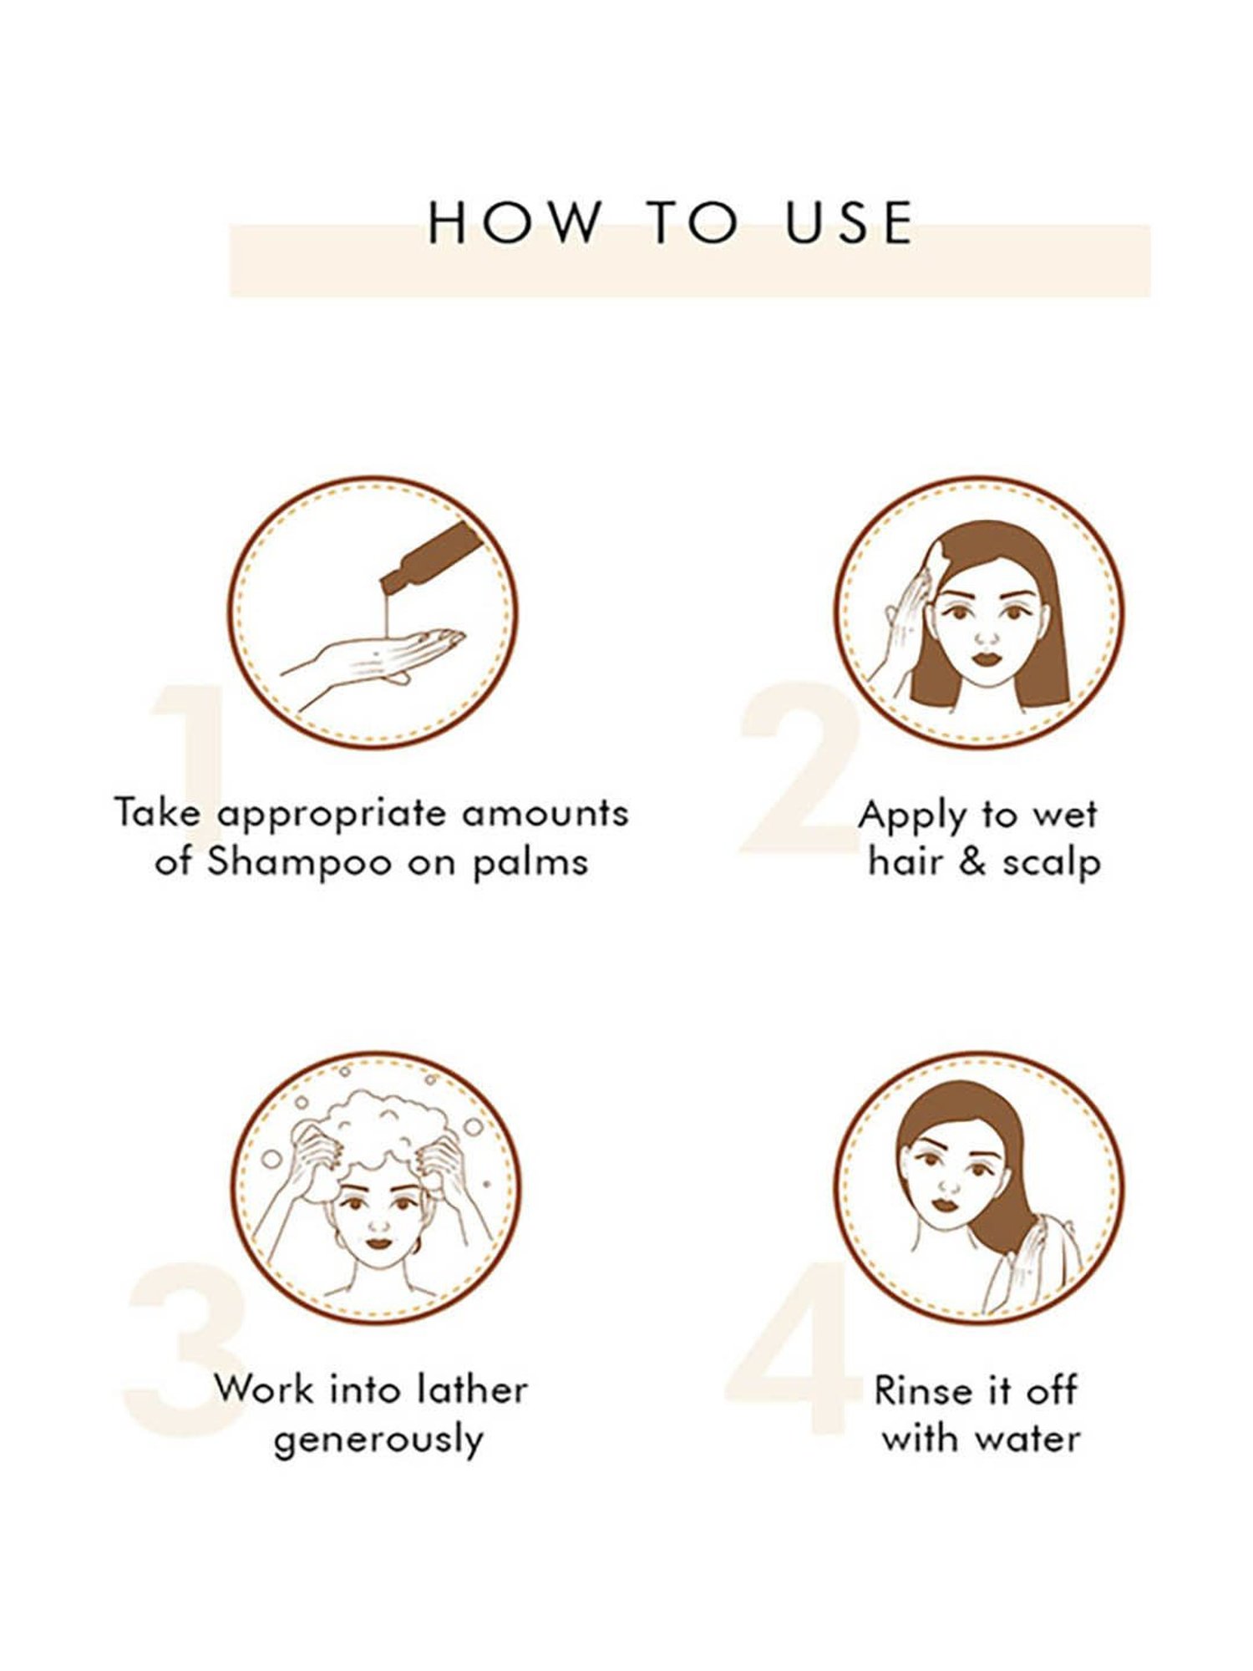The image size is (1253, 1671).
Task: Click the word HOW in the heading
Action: coord(513,223)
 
